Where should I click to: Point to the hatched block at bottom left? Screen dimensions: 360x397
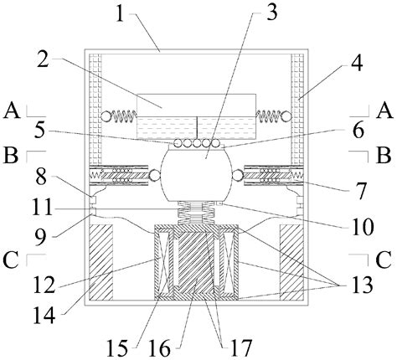(101, 261)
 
